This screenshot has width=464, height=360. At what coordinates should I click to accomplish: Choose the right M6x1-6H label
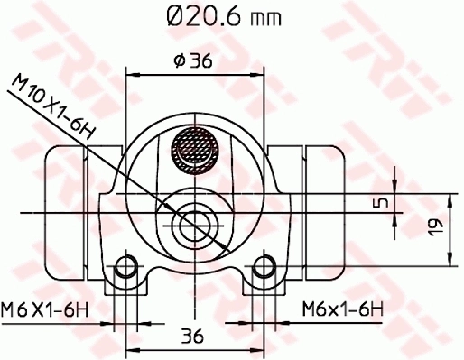click(x=342, y=309)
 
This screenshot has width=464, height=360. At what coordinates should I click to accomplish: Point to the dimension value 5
click(x=382, y=201)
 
